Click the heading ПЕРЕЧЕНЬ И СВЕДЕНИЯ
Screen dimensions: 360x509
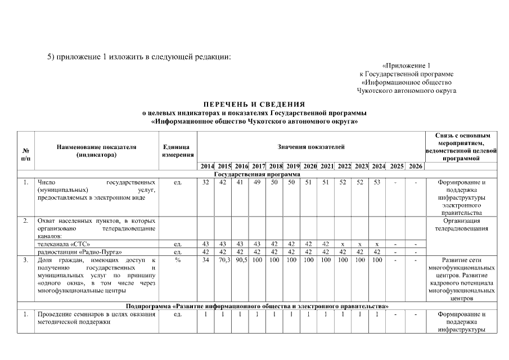point(254,104)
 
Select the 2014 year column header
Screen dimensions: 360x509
point(206,166)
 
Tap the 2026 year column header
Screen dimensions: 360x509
point(416,166)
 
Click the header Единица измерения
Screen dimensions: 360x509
point(178,150)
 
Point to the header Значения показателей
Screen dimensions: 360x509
point(310,147)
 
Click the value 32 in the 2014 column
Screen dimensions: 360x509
point(206,182)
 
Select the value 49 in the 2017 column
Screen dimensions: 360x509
point(256,182)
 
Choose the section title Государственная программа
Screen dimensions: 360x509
point(254,174)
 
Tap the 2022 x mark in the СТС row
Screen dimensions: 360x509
point(343,244)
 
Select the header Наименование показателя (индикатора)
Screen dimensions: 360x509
point(96,150)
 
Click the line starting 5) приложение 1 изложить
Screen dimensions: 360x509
point(139,57)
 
